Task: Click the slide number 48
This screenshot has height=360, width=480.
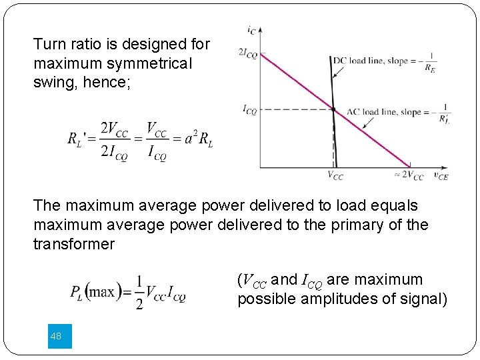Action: pos(55,337)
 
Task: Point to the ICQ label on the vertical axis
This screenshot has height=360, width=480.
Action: pos(249,109)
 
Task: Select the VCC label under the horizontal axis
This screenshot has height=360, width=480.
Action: pos(335,176)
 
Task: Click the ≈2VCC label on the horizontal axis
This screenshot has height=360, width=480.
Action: pos(409,176)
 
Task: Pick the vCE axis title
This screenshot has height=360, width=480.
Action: pos(440,175)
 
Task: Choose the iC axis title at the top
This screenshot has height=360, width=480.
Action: pos(251,29)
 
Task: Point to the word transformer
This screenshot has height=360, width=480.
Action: pos(74,244)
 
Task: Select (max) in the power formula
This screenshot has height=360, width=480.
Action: pos(103,292)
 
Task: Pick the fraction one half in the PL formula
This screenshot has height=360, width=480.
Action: pos(139,292)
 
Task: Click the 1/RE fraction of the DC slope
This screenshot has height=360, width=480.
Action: pos(431,61)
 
